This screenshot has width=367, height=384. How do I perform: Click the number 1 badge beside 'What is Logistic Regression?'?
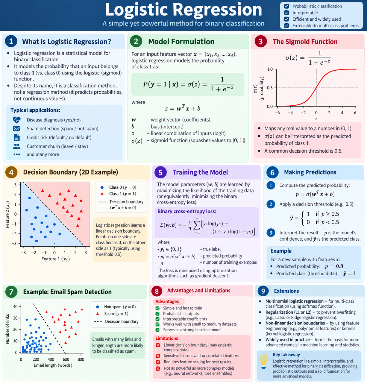click(x=11, y=41)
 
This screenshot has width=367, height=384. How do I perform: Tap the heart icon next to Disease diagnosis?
click(x=16, y=120)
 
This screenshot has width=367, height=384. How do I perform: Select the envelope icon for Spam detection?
click(x=16, y=129)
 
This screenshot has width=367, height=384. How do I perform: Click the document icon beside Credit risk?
click(x=17, y=137)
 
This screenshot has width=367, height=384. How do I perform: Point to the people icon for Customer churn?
click(x=17, y=146)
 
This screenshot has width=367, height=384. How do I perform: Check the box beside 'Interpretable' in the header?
click(x=286, y=13)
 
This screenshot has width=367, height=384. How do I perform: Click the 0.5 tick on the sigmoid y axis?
click(x=270, y=88)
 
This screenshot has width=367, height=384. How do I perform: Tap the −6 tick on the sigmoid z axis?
click(x=277, y=113)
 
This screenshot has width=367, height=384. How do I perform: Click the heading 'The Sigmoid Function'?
click(x=305, y=42)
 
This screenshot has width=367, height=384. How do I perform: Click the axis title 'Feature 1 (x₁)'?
click(x=55, y=259)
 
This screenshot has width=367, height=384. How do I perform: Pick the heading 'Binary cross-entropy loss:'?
click(x=187, y=211)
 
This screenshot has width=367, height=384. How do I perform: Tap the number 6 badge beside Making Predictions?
click(x=272, y=172)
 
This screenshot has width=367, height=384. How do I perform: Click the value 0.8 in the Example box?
click(x=339, y=266)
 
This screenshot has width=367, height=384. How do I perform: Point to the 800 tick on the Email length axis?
click(x=81, y=359)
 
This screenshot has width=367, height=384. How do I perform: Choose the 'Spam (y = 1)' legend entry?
click(x=112, y=314)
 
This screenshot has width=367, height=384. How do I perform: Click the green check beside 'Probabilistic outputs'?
click(x=157, y=314)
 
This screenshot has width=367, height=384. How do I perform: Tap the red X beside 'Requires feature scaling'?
click(x=158, y=362)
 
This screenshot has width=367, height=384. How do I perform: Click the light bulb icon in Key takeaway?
click(x=263, y=361)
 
